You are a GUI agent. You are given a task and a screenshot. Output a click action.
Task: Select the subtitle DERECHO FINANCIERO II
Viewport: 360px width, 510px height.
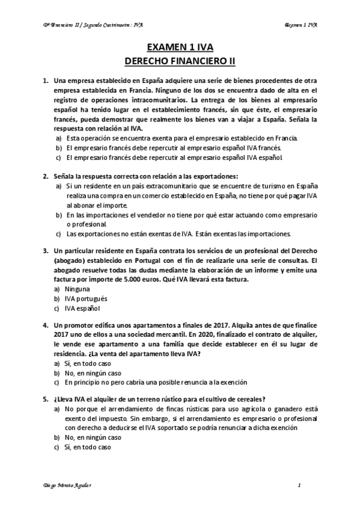pyautogui.click(x=180, y=61)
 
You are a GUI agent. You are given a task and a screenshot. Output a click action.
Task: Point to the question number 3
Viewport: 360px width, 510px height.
pyautogui.click(x=45, y=250)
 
